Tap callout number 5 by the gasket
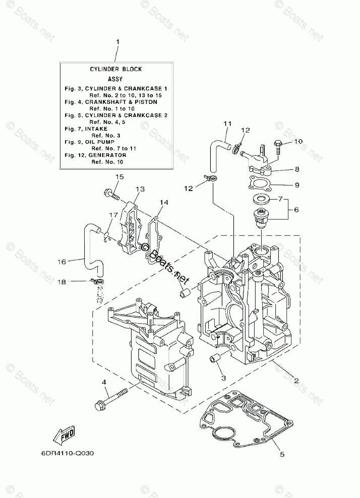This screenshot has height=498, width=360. pyautogui.click(x=282, y=454)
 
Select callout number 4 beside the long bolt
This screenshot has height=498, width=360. pyautogui.click(x=104, y=383)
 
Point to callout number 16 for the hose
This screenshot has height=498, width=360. pyautogui.click(x=62, y=261)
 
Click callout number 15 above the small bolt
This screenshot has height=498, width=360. pyautogui.click(x=119, y=177)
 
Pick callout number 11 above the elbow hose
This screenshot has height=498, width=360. pyautogui.click(x=227, y=123)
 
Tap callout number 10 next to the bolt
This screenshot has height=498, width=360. pyautogui.click(x=298, y=142)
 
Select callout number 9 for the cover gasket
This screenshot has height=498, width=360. pyautogui.click(x=296, y=185)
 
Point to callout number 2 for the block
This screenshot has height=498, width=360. pyautogui.click(x=296, y=382)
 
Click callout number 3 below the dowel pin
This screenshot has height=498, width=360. pyautogui.click(x=222, y=378)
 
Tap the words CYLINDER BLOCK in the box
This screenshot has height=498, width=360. pyautogui.click(x=116, y=69)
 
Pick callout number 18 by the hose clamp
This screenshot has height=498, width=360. pyautogui.click(x=62, y=282)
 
